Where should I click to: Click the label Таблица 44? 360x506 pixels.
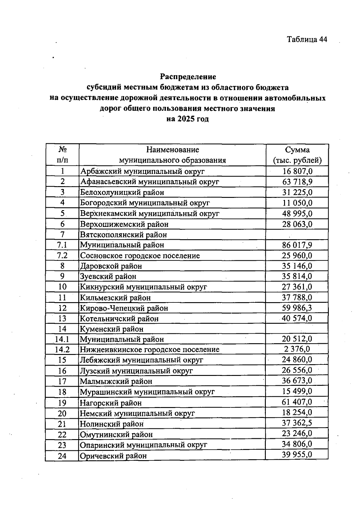point(307,40)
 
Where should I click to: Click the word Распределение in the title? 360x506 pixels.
point(188,77)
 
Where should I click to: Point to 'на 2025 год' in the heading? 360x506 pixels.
point(188,119)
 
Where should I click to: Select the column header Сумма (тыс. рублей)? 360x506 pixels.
point(297,155)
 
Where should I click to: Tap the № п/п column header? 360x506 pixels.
point(62,155)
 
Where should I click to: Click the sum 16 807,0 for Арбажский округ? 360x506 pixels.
point(297,171)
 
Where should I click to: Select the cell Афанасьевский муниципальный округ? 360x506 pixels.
point(150,182)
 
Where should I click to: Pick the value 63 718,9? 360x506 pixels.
point(297,182)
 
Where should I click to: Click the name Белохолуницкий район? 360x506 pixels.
point(122,192)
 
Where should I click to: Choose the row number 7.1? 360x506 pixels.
point(62,245)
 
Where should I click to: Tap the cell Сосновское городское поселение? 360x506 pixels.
point(140,256)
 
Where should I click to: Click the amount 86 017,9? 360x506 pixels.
point(297,245)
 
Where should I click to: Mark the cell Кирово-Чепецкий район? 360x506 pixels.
point(124,308)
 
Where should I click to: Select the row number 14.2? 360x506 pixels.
point(62,350)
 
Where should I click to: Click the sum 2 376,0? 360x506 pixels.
point(297,349)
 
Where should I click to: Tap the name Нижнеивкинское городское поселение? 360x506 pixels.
point(150,350)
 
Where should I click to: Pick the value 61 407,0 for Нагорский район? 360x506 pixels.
point(297,402)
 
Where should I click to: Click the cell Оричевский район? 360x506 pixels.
point(113,456)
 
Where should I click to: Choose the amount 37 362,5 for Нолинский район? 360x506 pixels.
point(297,423)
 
